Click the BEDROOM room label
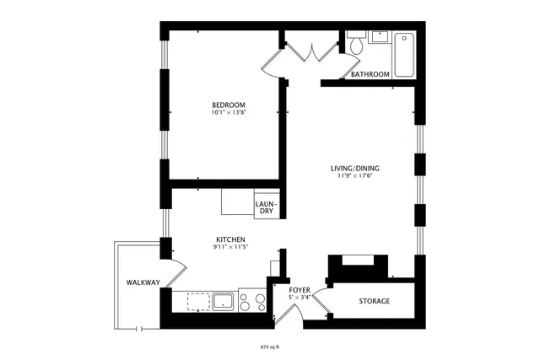click(229, 105)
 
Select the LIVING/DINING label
click(355, 168)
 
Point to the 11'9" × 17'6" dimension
click(355, 176)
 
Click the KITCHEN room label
click(229, 240)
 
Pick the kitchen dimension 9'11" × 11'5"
click(229, 249)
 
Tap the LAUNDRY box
click(266, 207)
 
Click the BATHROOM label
click(370, 74)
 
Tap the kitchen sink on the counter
click(224, 301)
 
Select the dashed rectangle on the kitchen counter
click(199, 301)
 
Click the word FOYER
click(300, 289)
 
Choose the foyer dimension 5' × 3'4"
click(300, 297)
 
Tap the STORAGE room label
click(375, 301)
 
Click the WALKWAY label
click(143, 282)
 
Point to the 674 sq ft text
click(269, 346)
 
